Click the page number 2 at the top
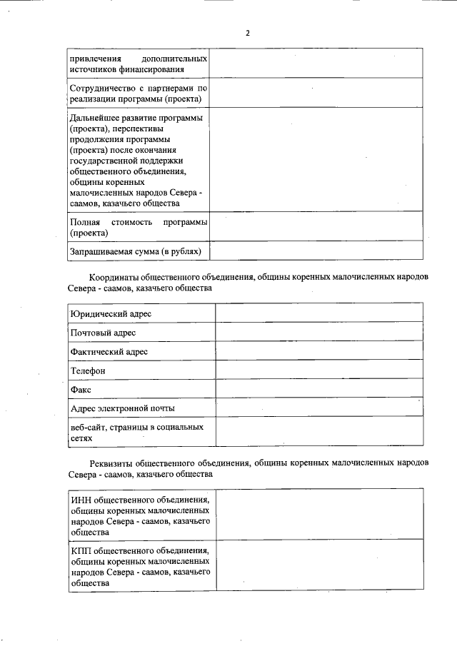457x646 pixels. pos(247,33)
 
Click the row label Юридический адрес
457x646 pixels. pos(110,314)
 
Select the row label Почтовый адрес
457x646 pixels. pos(103,333)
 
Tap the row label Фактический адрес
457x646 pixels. pos(109,352)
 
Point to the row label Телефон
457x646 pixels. pos(88,371)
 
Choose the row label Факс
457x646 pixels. pos(81,390)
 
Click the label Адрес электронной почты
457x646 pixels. pos(123,408)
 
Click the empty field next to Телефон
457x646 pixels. pos(318,370)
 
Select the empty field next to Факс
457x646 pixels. pos(318,389)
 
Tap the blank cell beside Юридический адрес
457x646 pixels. pos(318,313)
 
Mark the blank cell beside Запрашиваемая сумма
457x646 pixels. pos(316,251)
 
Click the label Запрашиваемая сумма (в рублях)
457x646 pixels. pos(135,251)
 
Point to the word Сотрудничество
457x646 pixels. pos(106,88)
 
